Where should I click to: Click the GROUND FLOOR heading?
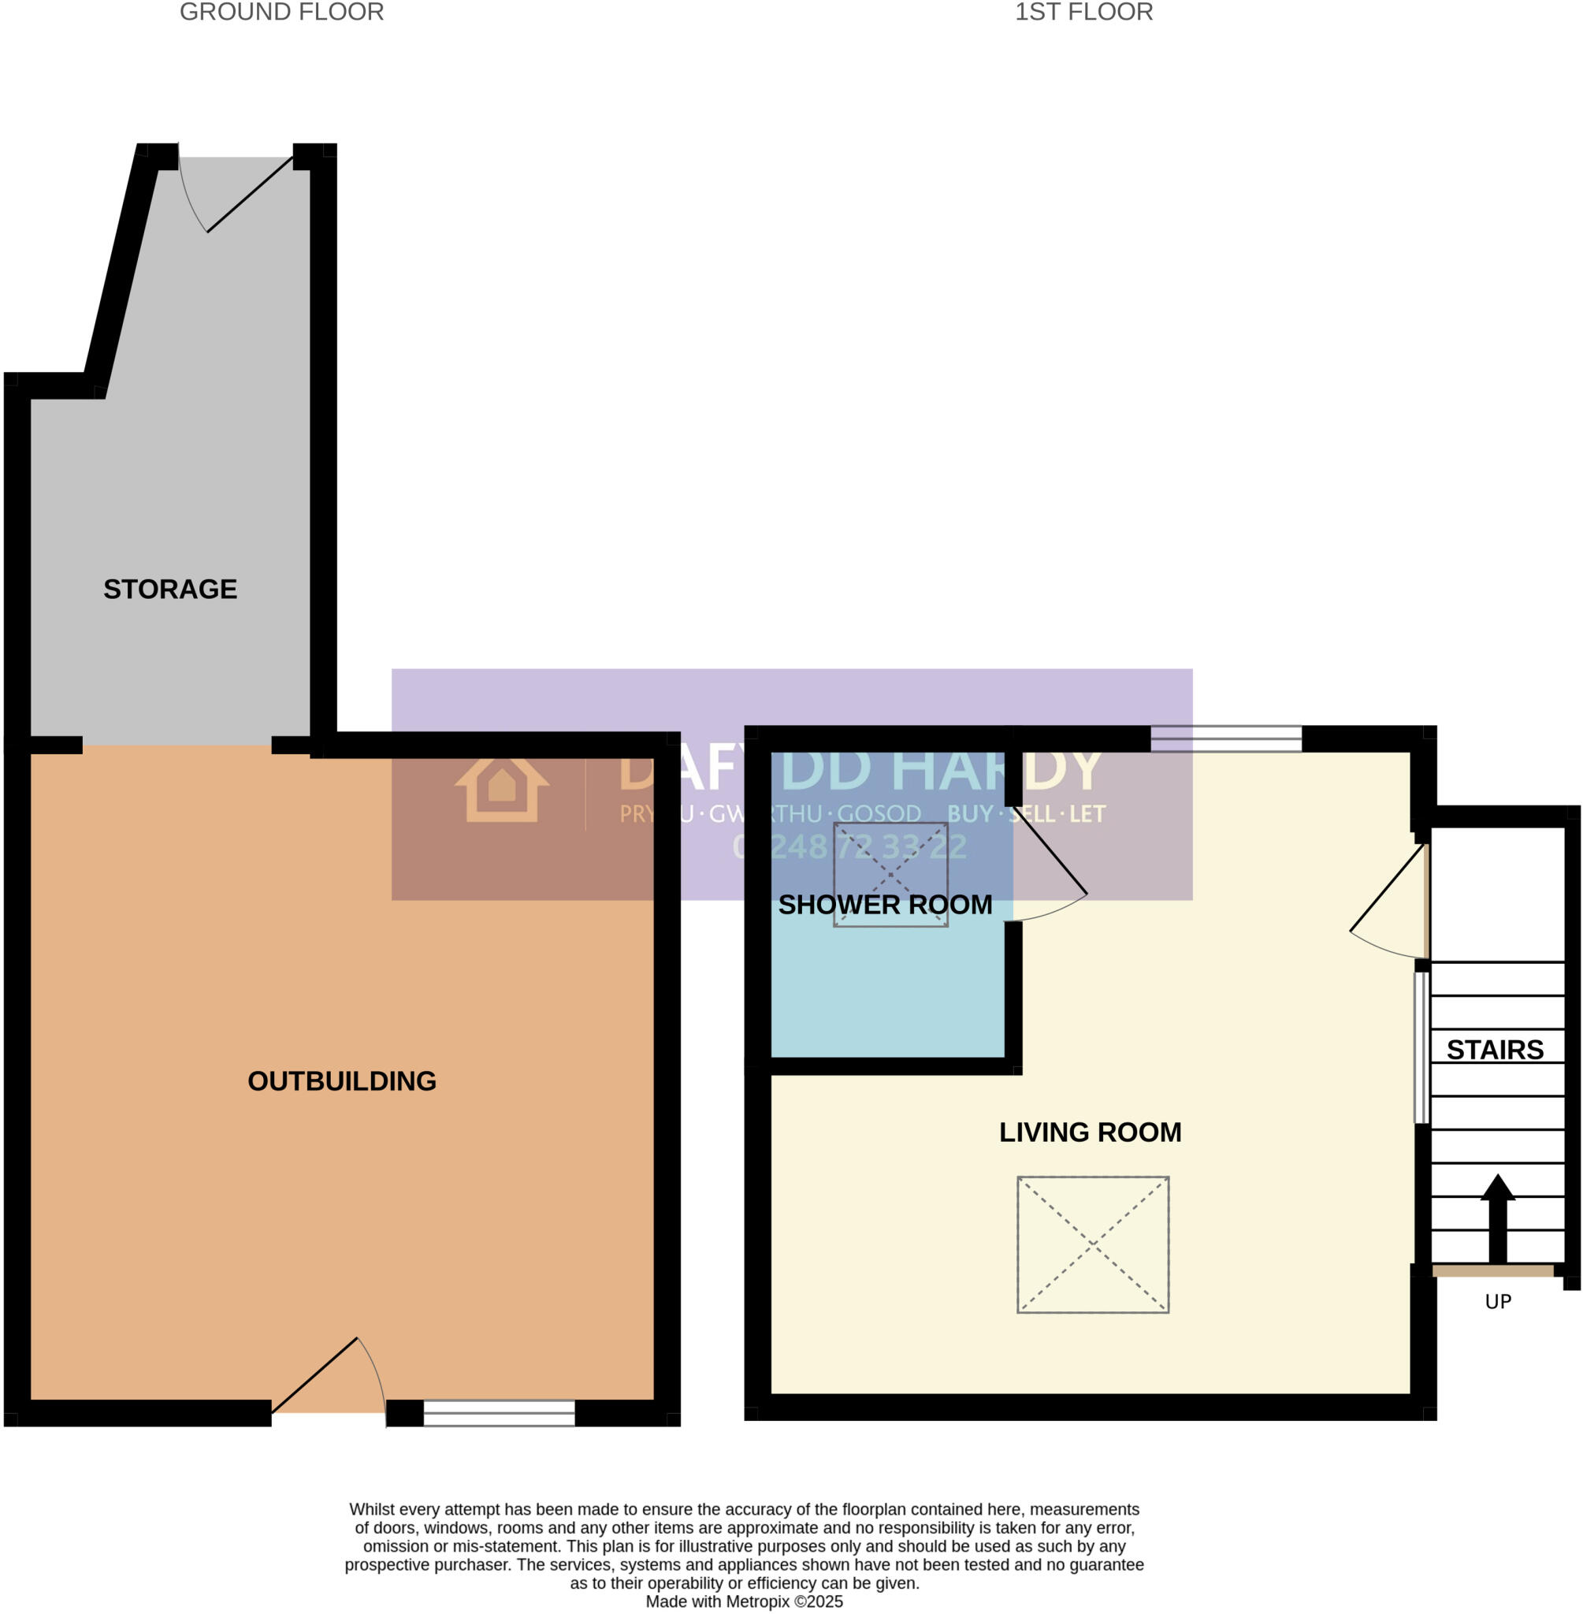(x=281, y=13)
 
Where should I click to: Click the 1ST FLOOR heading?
(x=1083, y=13)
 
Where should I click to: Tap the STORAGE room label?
(x=170, y=589)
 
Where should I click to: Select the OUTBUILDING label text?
(x=342, y=1080)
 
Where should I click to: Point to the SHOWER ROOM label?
(x=885, y=905)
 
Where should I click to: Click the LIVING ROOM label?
(x=1090, y=1132)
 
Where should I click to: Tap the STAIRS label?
(x=1495, y=1050)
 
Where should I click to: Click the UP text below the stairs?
(x=1498, y=1302)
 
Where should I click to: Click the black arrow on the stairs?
(x=1497, y=1219)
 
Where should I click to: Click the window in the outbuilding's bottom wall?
(x=499, y=1413)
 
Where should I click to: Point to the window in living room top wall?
(x=1225, y=738)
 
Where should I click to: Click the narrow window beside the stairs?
(x=1421, y=1047)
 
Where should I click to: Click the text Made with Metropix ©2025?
(x=744, y=1601)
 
